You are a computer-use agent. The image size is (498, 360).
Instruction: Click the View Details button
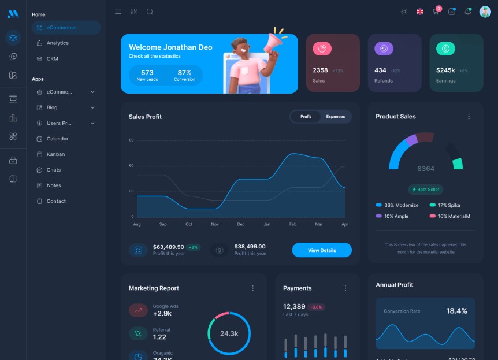(322, 250)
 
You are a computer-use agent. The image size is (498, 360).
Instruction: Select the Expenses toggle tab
(335, 117)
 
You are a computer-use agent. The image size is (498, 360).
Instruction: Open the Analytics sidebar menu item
(57, 43)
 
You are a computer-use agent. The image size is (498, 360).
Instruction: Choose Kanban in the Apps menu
(55, 154)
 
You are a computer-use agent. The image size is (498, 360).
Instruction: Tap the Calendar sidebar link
(57, 139)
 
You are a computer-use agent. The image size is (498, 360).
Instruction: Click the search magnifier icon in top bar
(150, 12)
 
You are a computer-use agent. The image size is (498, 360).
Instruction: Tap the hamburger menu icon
(118, 12)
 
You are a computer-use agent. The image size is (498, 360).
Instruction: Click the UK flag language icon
(420, 12)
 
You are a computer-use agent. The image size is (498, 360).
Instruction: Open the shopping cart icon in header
(436, 12)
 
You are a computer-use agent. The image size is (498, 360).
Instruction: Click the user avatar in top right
(485, 12)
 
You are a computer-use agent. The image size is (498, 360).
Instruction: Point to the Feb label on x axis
(293, 224)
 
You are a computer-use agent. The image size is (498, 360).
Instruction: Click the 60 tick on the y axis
(132, 166)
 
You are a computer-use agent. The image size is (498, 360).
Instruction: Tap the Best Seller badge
(426, 190)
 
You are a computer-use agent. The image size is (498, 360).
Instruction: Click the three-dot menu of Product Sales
(469, 117)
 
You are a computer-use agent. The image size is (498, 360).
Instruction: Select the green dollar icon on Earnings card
(445, 49)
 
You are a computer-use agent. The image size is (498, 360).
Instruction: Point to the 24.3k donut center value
(229, 333)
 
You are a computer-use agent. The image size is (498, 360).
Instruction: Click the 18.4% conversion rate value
(456, 311)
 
